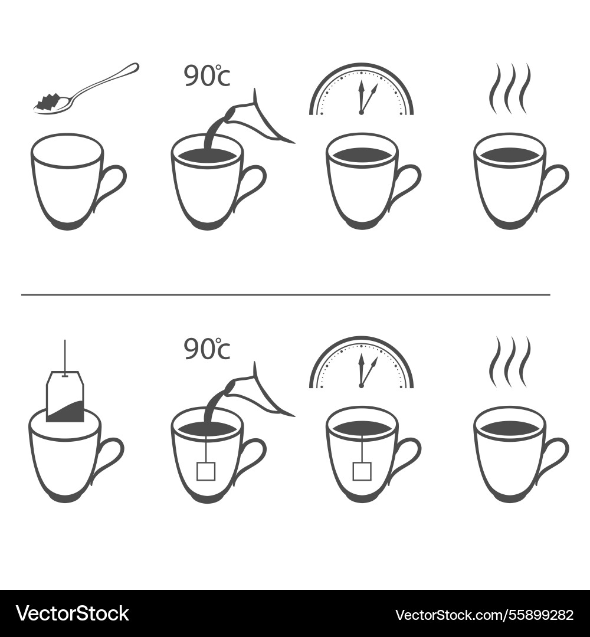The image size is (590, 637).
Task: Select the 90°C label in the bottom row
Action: click(x=206, y=350)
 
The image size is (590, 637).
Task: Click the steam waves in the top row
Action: click(x=509, y=88)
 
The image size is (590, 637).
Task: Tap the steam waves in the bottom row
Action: click(x=509, y=361)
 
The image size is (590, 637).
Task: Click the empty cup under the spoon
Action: click(x=66, y=183)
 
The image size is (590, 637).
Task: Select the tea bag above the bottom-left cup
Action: click(x=65, y=396)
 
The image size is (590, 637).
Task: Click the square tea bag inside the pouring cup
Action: click(x=206, y=471)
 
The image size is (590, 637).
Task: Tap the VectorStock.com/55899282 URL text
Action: click(x=484, y=615)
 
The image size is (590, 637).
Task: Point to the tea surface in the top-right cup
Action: click(x=509, y=155)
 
